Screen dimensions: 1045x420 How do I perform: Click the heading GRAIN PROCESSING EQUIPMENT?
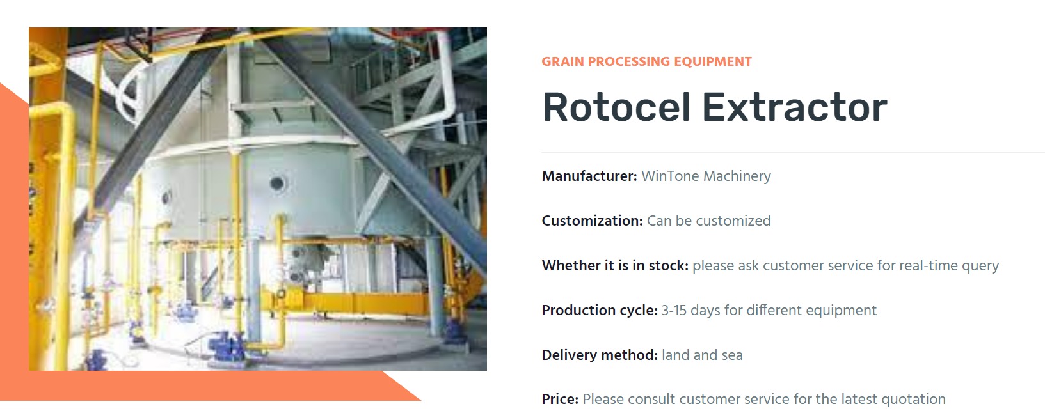click(646, 61)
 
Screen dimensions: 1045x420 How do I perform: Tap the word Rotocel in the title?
click(616, 107)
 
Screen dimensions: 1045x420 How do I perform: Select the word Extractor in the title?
click(795, 107)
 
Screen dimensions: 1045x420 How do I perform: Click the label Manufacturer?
click(589, 176)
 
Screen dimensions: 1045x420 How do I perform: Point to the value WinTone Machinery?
click(706, 176)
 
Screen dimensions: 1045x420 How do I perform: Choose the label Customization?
click(592, 221)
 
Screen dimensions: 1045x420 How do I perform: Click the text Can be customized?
click(708, 221)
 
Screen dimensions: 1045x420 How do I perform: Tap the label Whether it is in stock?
click(615, 265)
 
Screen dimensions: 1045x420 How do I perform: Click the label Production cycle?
click(600, 310)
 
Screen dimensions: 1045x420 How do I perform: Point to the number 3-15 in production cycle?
click(674, 311)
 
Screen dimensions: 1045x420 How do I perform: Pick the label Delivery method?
click(600, 355)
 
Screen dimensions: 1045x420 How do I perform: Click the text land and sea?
click(702, 355)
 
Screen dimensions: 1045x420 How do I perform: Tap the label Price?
click(560, 399)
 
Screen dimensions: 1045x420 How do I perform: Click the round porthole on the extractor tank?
click(277, 183)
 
